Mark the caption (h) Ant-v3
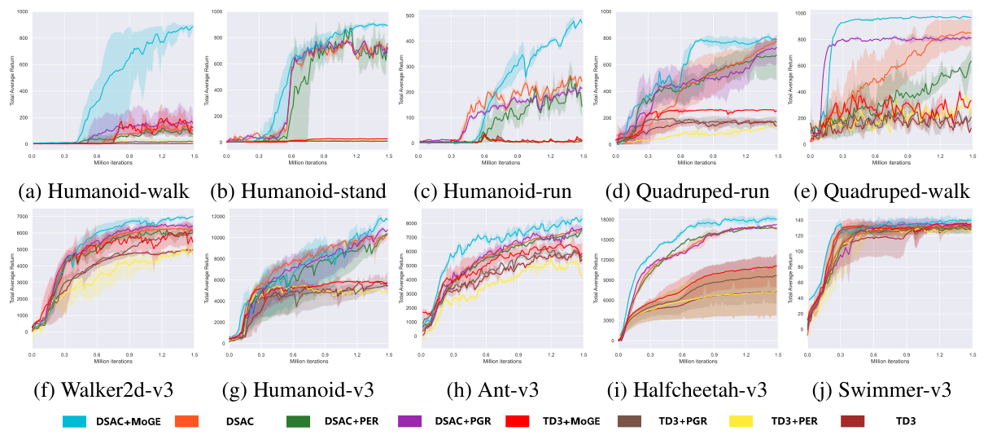click(493, 389)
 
